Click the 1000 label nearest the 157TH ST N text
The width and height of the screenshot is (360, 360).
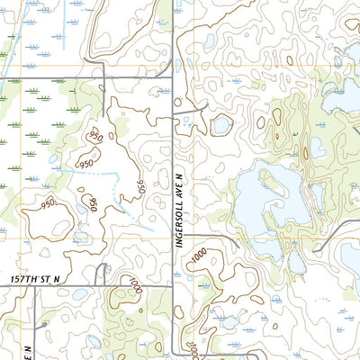pyautogui.click(x=135, y=287)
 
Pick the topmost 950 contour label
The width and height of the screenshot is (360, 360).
pyautogui.click(x=93, y=137)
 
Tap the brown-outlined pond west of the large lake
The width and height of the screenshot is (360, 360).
pyautogui.click(x=221, y=125)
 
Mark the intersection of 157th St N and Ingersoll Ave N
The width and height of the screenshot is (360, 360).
pyautogui.click(x=174, y=287)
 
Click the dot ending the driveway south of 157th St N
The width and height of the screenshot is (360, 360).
pyautogui.click(x=43, y=322)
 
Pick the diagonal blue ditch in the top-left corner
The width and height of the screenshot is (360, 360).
pyautogui.click(x=18, y=18)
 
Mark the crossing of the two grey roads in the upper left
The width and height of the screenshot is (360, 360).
pyautogui.click(x=105, y=79)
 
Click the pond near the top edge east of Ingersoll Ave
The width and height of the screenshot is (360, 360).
pyautogui.click(x=209, y=40)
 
